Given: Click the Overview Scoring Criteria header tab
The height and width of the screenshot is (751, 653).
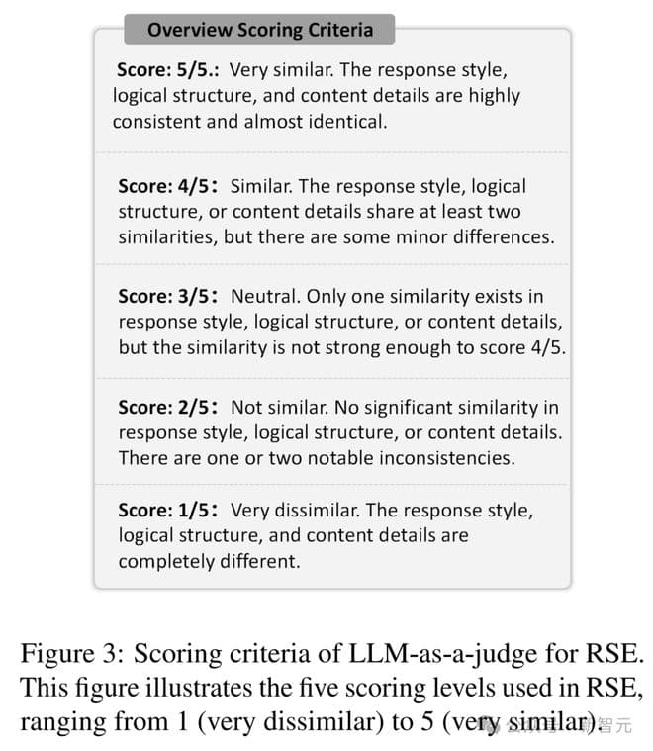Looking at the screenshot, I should tap(258, 30).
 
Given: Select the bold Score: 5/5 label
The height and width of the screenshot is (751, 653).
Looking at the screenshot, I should tap(166, 70).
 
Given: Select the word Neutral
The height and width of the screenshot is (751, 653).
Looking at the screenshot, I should tap(264, 296).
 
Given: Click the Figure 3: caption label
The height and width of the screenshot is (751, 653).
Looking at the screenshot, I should tap(72, 653).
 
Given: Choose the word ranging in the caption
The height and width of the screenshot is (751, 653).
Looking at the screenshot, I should tap(57, 721).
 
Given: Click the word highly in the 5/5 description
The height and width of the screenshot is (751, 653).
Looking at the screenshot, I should tap(491, 96).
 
